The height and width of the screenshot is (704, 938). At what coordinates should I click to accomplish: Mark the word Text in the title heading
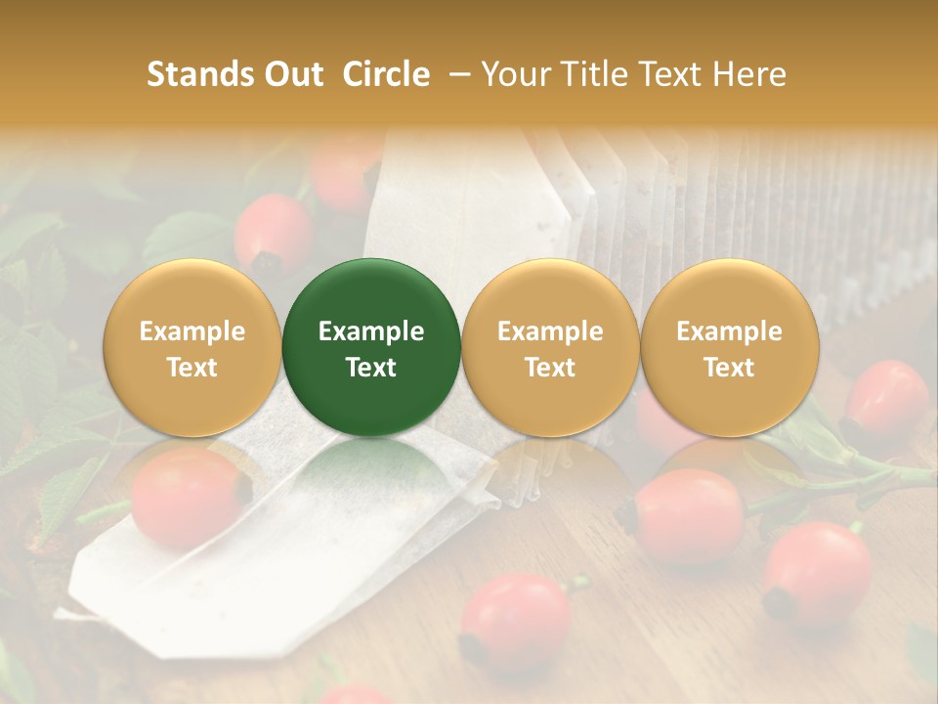671,74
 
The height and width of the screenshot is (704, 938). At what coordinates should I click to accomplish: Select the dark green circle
371,347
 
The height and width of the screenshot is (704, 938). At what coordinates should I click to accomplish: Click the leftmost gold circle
192,347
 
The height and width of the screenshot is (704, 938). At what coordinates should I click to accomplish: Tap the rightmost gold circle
730,347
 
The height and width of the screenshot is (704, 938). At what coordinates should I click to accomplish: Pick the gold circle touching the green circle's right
550,347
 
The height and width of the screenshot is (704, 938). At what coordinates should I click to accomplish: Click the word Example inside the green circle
371,331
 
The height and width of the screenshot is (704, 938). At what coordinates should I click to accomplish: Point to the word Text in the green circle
371,368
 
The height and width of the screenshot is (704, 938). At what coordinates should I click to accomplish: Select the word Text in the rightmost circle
730,368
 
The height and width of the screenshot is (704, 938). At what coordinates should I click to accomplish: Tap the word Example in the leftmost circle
192,331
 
